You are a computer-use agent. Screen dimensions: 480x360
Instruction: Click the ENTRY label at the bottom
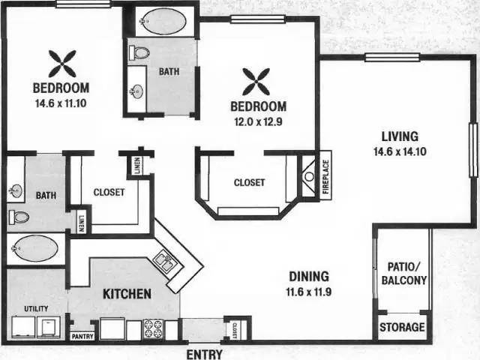pyautogui.click(x=205, y=354)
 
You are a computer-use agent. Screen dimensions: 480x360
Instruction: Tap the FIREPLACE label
pyautogui.click(x=325, y=177)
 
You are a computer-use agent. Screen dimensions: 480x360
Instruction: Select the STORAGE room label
pyautogui.click(x=402, y=327)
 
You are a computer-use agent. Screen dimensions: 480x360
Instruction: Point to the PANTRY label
pyautogui.click(x=82, y=337)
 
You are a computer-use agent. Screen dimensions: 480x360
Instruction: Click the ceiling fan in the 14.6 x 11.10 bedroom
pyautogui.click(x=62, y=64)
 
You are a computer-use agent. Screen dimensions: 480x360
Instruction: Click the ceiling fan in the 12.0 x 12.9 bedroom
pyautogui.click(x=256, y=82)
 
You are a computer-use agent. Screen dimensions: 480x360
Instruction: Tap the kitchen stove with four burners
pyautogui.click(x=153, y=328)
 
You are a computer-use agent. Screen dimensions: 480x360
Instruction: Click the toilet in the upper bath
pyautogui.click(x=139, y=53)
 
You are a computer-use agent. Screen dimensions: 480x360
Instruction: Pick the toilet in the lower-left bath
pyautogui.click(x=19, y=217)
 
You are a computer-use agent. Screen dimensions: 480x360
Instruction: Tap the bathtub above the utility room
pyautogui.click(x=34, y=248)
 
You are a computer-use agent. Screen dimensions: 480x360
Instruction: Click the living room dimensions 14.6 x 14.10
pyautogui.click(x=400, y=151)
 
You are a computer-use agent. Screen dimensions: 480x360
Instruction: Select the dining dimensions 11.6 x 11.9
pyautogui.click(x=309, y=292)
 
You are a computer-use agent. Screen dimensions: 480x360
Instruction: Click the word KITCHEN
pyautogui.click(x=127, y=294)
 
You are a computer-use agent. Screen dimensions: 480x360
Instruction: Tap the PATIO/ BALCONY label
pyautogui.click(x=403, y=273)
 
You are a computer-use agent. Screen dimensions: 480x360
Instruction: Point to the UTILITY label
pyautogui.click(x=36, y=308)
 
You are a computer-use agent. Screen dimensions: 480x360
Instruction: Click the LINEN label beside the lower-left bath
pyautogui.click(x=81, y=221)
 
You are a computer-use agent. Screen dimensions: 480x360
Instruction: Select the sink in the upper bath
pyautogui.click(x=136, y=91)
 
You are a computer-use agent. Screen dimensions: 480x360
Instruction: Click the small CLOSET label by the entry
pyautogui.click(x=235, y=330)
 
